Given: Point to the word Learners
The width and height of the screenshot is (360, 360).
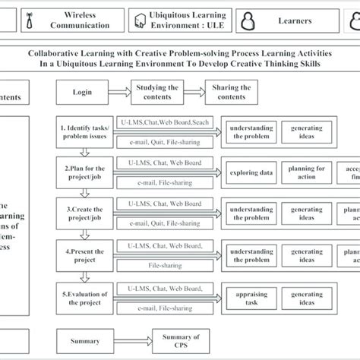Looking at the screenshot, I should [x=294, y=21].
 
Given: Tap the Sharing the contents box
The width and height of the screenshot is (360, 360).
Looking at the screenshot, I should [x=232, y=93].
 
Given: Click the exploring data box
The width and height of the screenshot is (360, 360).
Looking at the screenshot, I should [x=251, y=172].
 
